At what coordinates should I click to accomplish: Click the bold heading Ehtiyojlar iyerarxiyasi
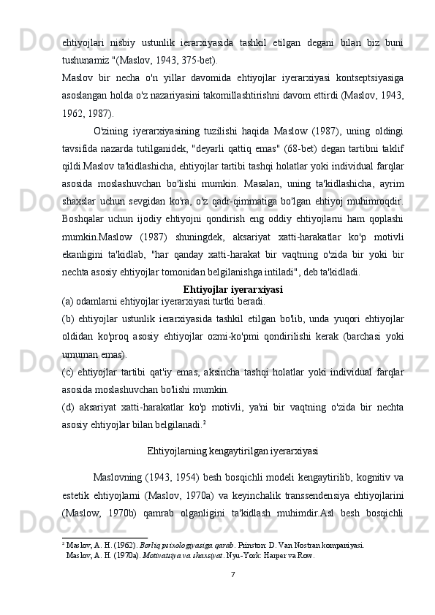[233, 270]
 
